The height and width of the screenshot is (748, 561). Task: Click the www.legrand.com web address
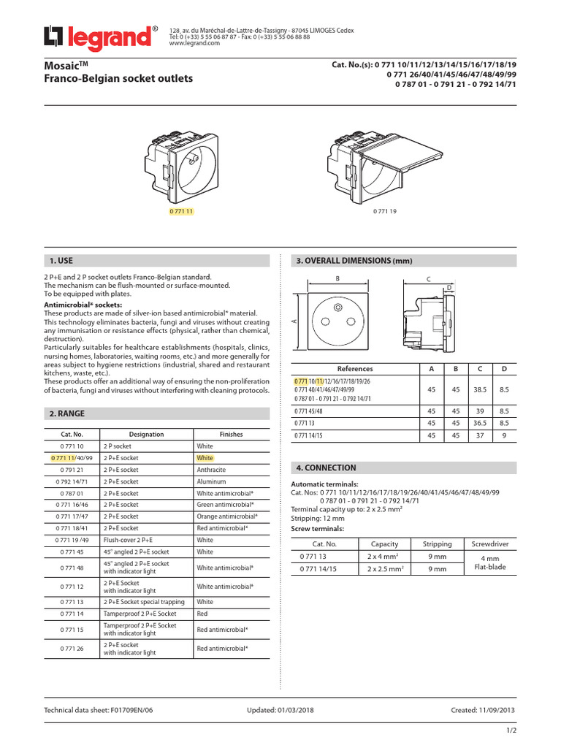coord(194,43)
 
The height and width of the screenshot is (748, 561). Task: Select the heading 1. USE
coord(61,261)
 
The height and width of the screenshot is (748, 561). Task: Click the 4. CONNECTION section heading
coord(327,467)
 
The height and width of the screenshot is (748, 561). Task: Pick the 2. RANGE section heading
coord(66,413)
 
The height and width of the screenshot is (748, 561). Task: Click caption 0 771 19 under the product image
coord(385,211)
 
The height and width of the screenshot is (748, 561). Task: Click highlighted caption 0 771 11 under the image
coord(183,211)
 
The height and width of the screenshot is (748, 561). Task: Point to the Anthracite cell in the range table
coord(211,470)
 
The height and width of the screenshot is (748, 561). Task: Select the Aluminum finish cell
coord(211,481)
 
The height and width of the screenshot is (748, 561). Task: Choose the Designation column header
coord(146,434)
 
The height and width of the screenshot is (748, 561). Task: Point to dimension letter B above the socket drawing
coord(337,279)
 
